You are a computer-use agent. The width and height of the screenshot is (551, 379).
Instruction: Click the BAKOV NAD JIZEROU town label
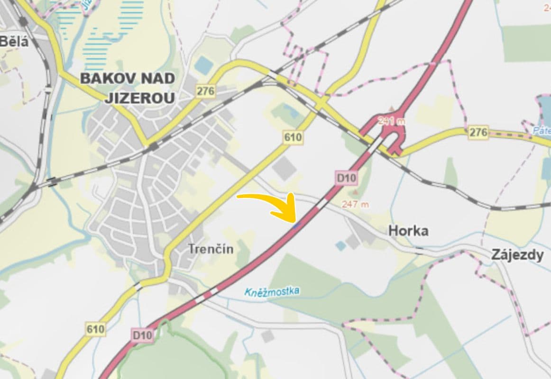[127, 88]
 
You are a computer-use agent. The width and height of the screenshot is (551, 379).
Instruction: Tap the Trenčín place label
[211, 248]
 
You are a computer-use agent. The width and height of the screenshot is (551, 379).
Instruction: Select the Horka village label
[408, 231]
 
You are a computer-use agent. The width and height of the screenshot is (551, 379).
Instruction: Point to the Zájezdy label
[517, 255]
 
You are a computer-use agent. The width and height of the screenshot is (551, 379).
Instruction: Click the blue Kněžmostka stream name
[272, 291]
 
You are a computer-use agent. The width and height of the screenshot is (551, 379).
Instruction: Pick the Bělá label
[14, 41]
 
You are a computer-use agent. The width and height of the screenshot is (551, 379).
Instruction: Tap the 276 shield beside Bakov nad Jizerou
[206, 91]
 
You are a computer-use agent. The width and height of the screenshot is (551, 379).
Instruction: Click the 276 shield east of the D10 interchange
[478, 133]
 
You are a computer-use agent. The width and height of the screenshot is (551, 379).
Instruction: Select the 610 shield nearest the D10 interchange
[293, 138]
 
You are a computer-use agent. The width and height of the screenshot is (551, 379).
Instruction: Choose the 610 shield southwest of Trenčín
[95, 329]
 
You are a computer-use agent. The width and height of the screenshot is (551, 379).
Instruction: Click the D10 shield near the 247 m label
[347, 178]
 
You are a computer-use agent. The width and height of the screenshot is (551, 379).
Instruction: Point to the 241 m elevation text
[392, 121]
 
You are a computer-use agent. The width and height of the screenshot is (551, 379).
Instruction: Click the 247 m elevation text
[355, 204]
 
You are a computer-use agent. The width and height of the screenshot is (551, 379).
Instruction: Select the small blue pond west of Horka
[340, 245]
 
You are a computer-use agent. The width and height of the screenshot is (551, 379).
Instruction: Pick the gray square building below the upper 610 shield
[285, 168]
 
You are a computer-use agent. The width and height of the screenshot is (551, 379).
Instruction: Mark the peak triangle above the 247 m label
[356, 193]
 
